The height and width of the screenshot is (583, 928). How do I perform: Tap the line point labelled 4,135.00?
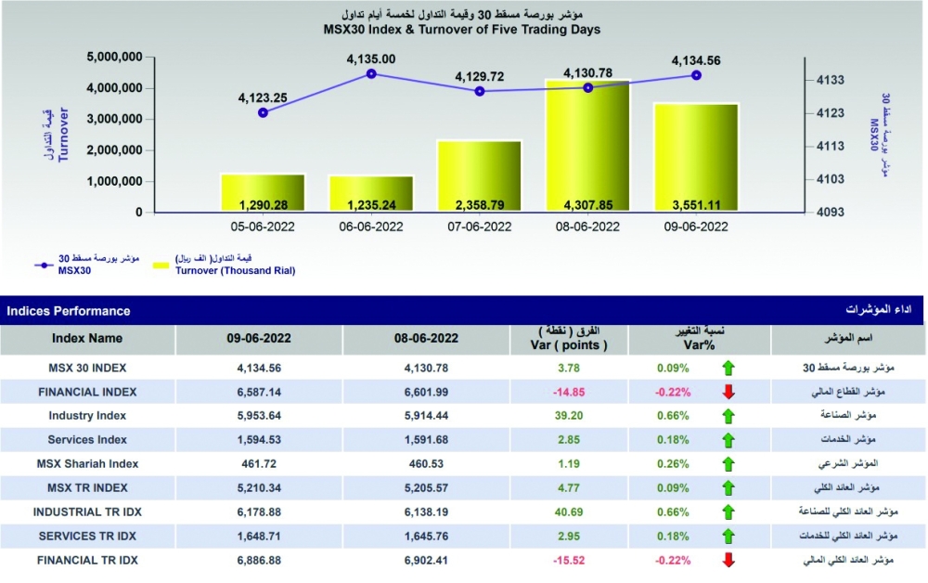click(x=371, y=73)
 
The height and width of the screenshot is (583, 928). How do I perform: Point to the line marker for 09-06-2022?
click(x=696, y=75)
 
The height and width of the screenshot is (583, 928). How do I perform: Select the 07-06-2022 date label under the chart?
click(x=480, y=227)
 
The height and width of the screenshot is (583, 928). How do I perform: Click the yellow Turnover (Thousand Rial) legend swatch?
click(x=159, y=266)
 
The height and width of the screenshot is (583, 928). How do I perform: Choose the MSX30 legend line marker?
click(x=42, y=266)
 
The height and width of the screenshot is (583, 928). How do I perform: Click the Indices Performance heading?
click(x=69, y=311)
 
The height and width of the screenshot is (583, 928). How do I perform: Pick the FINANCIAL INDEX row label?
click(x=87, y=392)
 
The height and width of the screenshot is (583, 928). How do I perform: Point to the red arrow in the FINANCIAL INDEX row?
click(x=728, y=392)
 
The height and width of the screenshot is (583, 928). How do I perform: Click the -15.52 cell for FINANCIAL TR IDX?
click(x=576, y=561)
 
